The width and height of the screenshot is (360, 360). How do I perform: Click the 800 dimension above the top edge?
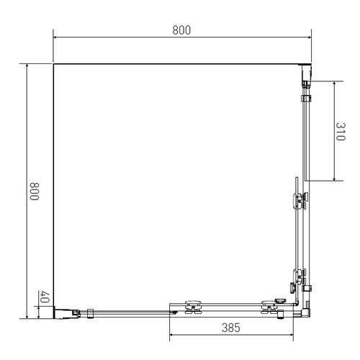click(x=181, y=30)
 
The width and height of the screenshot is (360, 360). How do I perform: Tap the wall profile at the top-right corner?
click(x=307, y=72)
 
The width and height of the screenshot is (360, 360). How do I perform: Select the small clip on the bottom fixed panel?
click(x=91, y=312)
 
